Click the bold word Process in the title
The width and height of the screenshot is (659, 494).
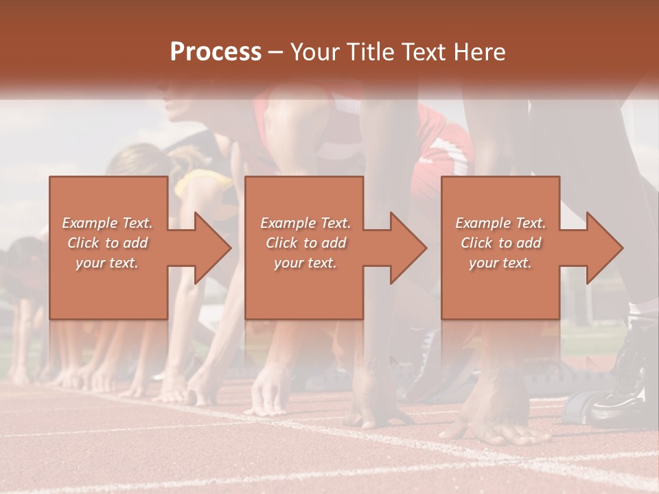[x=216, y=52]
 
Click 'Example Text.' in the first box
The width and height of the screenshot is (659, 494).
[x=107, y=223]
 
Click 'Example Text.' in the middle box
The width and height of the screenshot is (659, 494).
[x=305, y=223]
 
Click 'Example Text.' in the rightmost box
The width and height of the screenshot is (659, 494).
[x=500, y=223]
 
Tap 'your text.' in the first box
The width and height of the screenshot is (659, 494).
[x=107, y=263]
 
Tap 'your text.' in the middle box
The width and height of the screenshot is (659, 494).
[x=305, y=263]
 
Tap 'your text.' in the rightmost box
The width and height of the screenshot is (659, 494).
[x=500, y=263]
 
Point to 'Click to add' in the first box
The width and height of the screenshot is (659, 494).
[x=107, y=243]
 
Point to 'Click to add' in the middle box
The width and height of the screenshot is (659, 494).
[x=305, y=243]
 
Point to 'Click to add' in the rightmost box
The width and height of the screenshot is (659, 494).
[x=500, y=243]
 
